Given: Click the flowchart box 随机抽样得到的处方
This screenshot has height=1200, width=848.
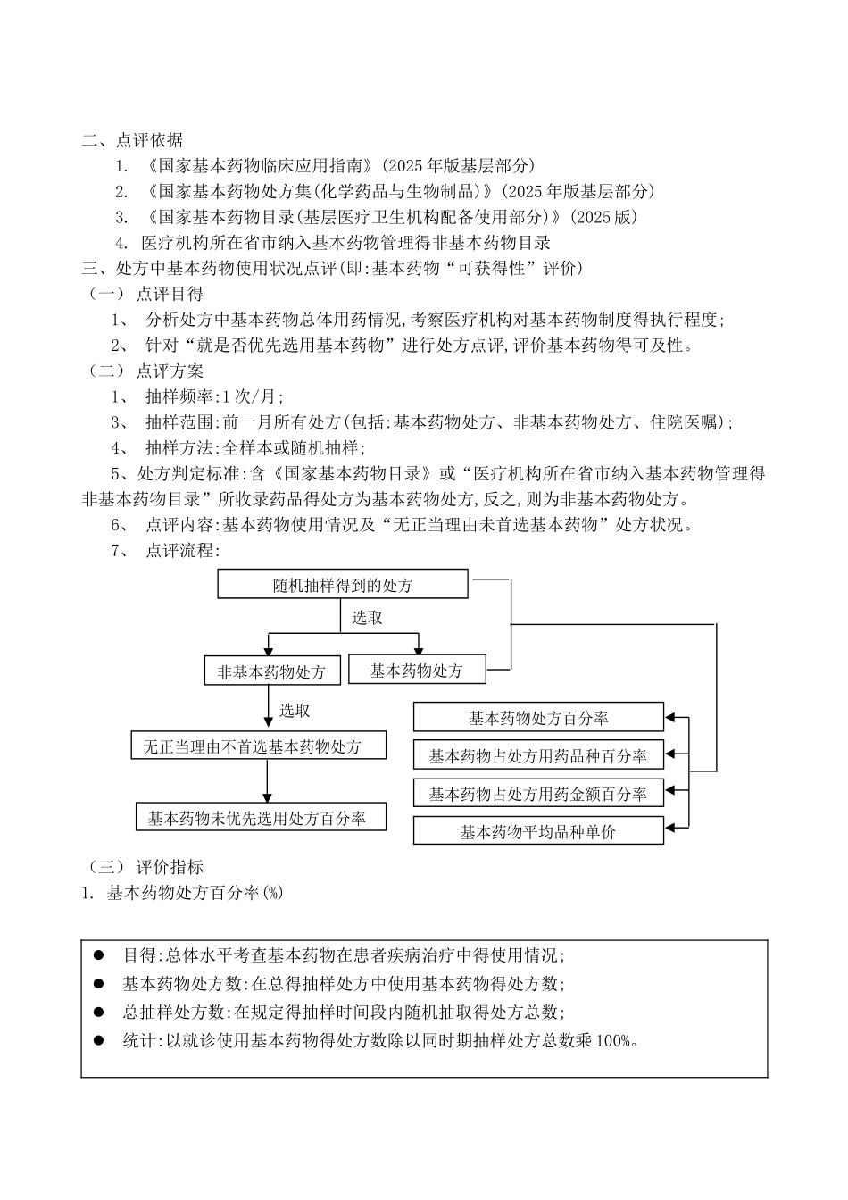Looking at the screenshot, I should tap(343, 586).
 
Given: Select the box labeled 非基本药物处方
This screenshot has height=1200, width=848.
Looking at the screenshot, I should tap(272, 671).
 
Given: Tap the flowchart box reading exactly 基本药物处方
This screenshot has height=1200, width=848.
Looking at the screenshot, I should tap(417, 670).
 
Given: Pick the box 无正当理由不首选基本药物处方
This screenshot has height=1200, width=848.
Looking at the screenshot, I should tap(259, 746).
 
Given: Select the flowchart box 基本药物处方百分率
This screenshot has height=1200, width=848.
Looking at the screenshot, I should tap(538, 718).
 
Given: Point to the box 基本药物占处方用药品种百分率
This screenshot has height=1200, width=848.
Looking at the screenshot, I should tap(538, 755).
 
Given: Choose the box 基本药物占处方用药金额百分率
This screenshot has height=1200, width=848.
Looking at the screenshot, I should tap(538, 793).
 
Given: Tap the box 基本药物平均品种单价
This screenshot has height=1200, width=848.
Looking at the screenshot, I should tap(538, 831).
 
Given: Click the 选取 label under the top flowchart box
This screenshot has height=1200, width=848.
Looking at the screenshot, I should tap(367, 618).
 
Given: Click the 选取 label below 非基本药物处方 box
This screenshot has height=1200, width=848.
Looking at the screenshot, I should tap(295, 711).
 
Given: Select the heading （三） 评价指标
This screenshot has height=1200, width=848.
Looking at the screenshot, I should tap(145, 866).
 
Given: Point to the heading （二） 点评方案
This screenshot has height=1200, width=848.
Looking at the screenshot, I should tap(145, 371).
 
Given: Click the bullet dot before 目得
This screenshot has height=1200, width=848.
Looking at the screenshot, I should tap(99, 954).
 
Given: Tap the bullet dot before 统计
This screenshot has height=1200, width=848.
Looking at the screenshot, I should tap(99, 1039).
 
